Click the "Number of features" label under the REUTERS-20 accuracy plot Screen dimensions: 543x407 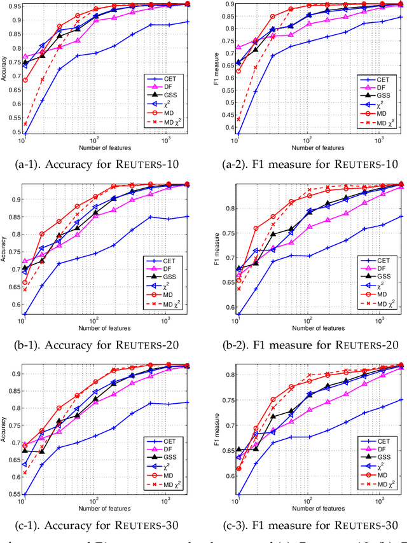pyautogui.click(x=105, y=328)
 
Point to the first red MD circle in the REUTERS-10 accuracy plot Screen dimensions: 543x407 pyautogui.click(x=25, y=80)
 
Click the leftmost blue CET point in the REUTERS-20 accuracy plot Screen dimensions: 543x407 pyautogui.click(x=25, y=314)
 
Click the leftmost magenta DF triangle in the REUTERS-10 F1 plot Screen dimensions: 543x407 pyautogui.click(x=239, y=47)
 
